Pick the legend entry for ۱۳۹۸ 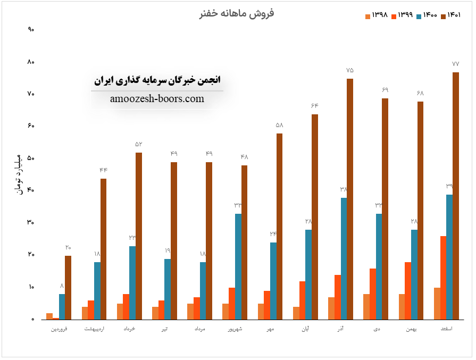[x=379, y=15]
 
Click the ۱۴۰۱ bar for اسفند [x=456, y=196]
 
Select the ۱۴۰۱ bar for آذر [x=350, y=199]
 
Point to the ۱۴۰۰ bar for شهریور [x=238, y=266]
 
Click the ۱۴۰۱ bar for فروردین [x=68, y=287]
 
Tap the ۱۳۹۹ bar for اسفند [x=443, y=278]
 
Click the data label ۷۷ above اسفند [x=455, y=64]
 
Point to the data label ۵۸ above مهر [x=279, y=125]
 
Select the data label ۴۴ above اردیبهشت [x=103, y=170]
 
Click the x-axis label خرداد [x=129, y=330]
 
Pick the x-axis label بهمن [x=411, y=330]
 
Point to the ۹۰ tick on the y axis [x=31, y=30]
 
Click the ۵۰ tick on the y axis [x=31, y=158]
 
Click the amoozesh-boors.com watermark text [x=157, y=99]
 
